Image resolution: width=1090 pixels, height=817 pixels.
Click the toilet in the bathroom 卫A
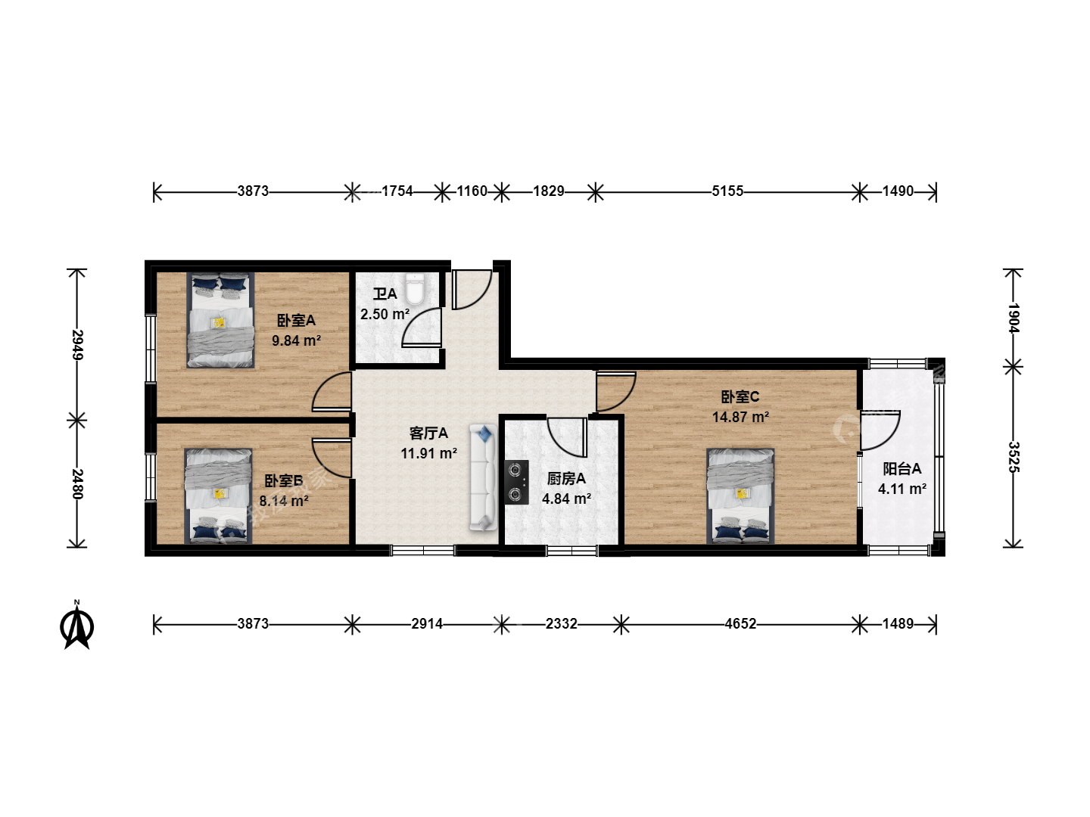click(414, 289)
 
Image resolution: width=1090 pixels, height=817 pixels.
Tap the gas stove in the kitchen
click(516, 482)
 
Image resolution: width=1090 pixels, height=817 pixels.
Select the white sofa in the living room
click(483, 477)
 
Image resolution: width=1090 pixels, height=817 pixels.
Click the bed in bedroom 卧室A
click(220, 321)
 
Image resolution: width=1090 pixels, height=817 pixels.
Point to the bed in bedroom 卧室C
click(740, 496)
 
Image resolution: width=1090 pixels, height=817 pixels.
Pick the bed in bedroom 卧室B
click(218, 496)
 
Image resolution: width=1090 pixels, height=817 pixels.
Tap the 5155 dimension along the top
click(727, 191)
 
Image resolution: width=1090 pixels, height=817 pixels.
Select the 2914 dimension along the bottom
click(427, 623)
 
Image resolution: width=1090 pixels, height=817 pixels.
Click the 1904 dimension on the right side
click(1013, 318)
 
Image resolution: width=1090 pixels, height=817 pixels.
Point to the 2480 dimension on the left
click(77, 483)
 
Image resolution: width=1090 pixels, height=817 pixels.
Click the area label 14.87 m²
click(740, 417)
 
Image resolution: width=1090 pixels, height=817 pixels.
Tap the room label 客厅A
click(428, 433)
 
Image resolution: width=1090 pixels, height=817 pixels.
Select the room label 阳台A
click(902, 469)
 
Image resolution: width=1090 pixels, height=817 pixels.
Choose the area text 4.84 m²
click(566, 499)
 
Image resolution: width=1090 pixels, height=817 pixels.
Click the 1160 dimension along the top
click(472, 191)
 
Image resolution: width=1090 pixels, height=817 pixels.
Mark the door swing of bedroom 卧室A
click(332, 392)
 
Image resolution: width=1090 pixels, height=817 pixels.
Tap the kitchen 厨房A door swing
click(568, 437)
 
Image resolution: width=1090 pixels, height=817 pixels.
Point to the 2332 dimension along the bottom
click(562, 623)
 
